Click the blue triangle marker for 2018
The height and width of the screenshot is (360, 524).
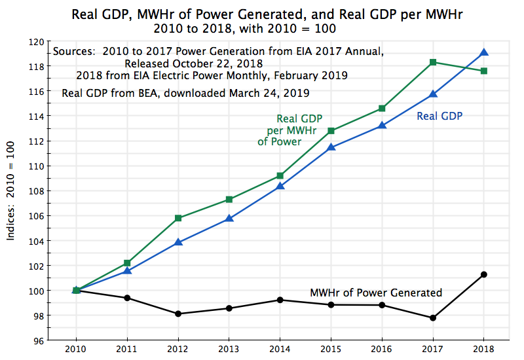[x=483, y=52]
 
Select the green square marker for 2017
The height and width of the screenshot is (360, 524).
[x=433, y=62]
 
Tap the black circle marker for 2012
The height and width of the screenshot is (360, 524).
[x=178, y=314]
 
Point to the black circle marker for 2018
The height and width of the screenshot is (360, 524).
[x=483, y=274]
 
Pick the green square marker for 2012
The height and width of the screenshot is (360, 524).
[x=178, y=218]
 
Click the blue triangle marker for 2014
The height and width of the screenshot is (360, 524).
[x=280, y=186]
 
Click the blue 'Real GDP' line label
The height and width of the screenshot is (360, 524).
[x=440, y=116]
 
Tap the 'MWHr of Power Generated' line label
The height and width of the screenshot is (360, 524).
[x=375, y=293]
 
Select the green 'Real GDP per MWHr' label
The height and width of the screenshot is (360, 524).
[x=289, y=130]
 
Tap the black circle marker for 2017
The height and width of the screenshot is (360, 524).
[x=433, y=317]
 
